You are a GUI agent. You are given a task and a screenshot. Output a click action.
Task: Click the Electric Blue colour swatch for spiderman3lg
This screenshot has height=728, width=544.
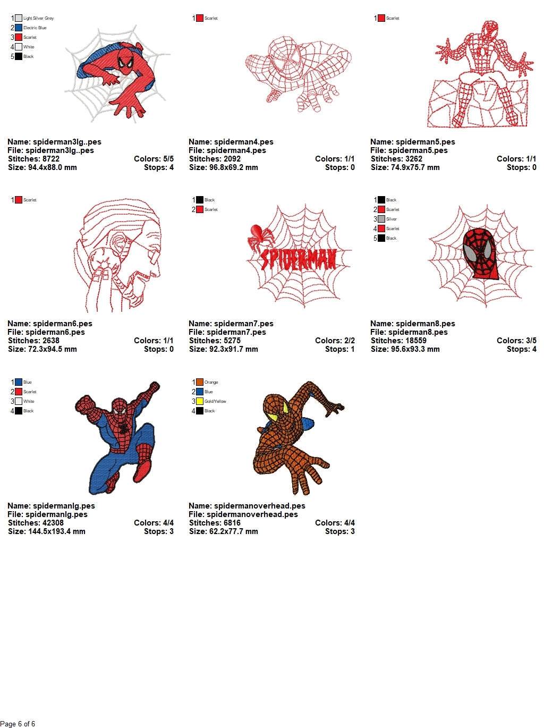pyautogui.click(x=19, y=28)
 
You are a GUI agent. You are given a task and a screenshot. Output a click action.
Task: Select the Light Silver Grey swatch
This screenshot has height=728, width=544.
pyautogui.click(x=19, y=18)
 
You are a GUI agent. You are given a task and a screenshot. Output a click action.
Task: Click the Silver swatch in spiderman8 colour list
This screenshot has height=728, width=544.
pyautogui.click(x=381, y=219)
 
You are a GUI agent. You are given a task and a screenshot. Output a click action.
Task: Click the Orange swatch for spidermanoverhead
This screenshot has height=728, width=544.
pyautogui.click(x=200, y=382)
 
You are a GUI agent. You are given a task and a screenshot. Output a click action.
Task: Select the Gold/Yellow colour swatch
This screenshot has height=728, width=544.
pyautogui.click(x=200, y=401)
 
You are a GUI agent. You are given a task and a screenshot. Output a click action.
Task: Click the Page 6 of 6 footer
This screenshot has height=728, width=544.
pyautogui.click(x=18, y=724)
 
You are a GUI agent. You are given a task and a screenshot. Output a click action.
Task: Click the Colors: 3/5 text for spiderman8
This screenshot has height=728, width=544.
pyautogui.click(x=516, y=341)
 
